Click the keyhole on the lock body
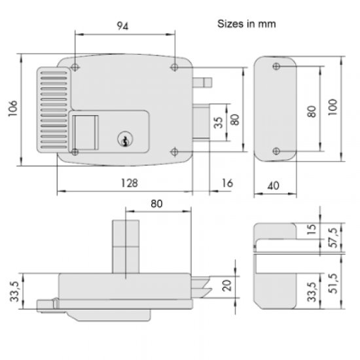coord(125,139)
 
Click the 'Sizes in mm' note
coord(246,24)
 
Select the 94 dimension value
coord(122,26)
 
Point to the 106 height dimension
coord(13,109)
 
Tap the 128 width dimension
coord(129,183)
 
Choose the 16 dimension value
coord(227,183)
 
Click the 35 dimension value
coord(218,122)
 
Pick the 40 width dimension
coord(274,185)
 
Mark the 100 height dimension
coord(333,107)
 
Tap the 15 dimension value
coord(312,230)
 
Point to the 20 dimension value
coord(227,285)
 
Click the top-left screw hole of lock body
coord(75,67)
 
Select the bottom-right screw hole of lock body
coord(175,152)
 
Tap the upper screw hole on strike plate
coord(276,66)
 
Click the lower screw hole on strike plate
coord(276,151)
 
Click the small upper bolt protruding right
coord(202,82)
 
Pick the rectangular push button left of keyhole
coord(85,132)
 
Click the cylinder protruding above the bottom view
coord(126,247)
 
